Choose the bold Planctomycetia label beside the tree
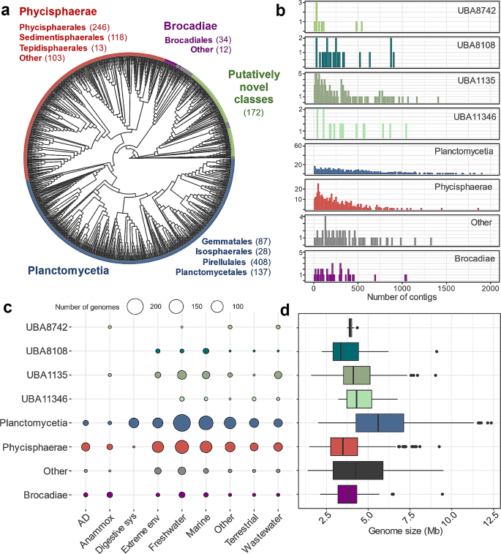[x=59, y=271]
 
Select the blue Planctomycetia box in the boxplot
[x=380, y=423]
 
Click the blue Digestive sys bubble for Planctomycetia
[x=134, y=423]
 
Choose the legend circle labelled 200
[x=135, y=307]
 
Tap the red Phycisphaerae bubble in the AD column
[x=86, y=446]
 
